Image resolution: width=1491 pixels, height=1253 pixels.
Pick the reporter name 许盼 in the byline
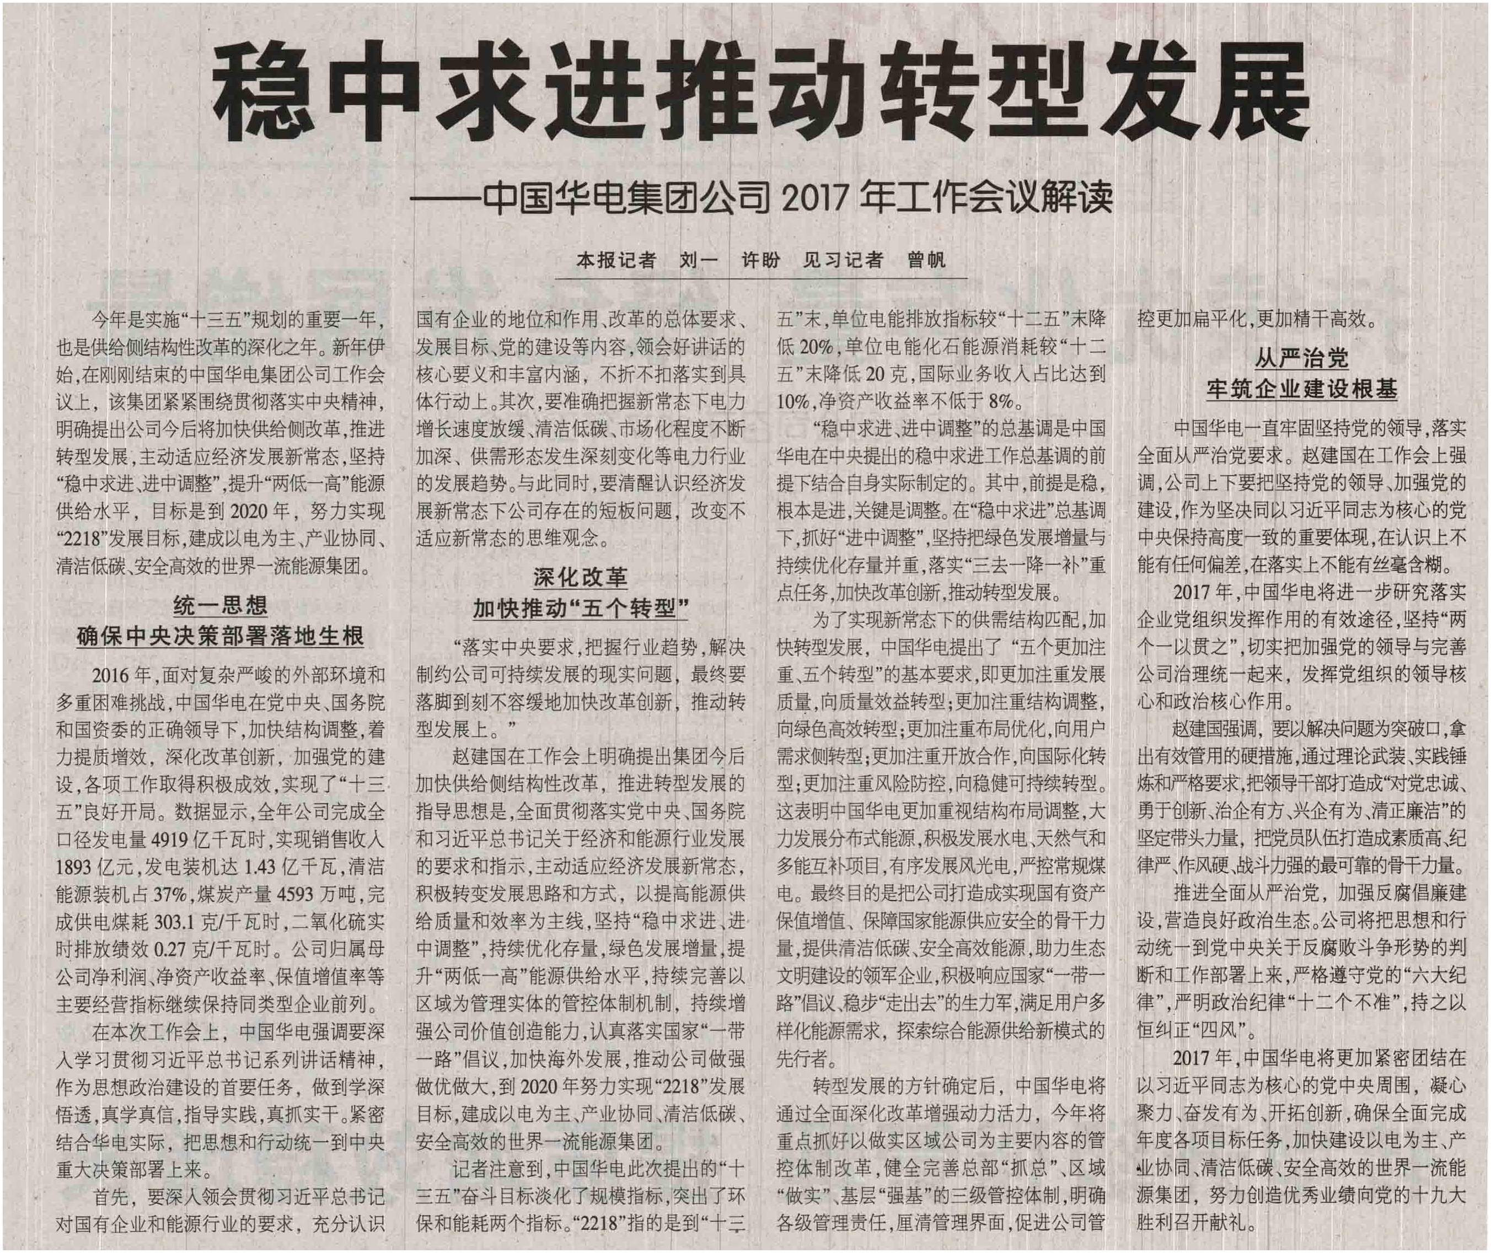(x=761, y=261)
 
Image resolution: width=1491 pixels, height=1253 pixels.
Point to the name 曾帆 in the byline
(x=926, y=261)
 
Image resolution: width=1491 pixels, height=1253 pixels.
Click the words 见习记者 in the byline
(x=843, y=261)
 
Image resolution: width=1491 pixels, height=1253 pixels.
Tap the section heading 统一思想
(x=220, y=605)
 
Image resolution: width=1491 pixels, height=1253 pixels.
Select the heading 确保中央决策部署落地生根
(x=220, y=636)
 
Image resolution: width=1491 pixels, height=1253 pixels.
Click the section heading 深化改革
(x=580, y=578)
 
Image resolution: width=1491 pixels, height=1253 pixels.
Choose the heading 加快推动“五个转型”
(x=580, y=608)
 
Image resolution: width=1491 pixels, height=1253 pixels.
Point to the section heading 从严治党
(x=1301, y=358)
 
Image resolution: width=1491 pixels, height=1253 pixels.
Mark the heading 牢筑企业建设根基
(x=1301, y=389)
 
